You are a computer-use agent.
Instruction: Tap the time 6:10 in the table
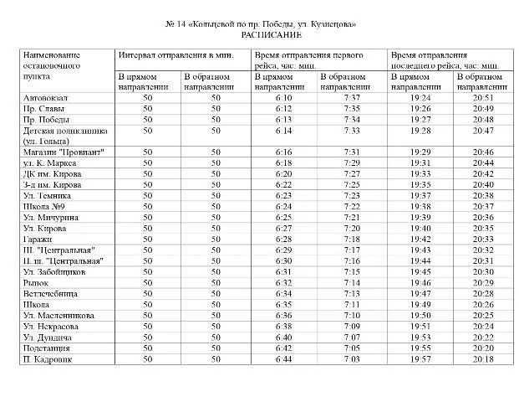tap(282, 98)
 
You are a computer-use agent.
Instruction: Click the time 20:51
tap(482, 98)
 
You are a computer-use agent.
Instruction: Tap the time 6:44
tap(282, 358)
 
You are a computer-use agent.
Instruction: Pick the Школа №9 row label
tap(43, 206)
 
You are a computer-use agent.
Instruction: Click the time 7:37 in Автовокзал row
tap(352, 98)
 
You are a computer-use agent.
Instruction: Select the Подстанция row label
tap(47, 348)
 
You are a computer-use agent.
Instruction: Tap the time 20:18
tap(482, 358)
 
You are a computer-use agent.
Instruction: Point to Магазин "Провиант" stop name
tap(54, 152)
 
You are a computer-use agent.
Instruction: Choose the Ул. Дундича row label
tap(45, 337)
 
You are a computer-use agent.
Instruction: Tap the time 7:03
tap(352, 358)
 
